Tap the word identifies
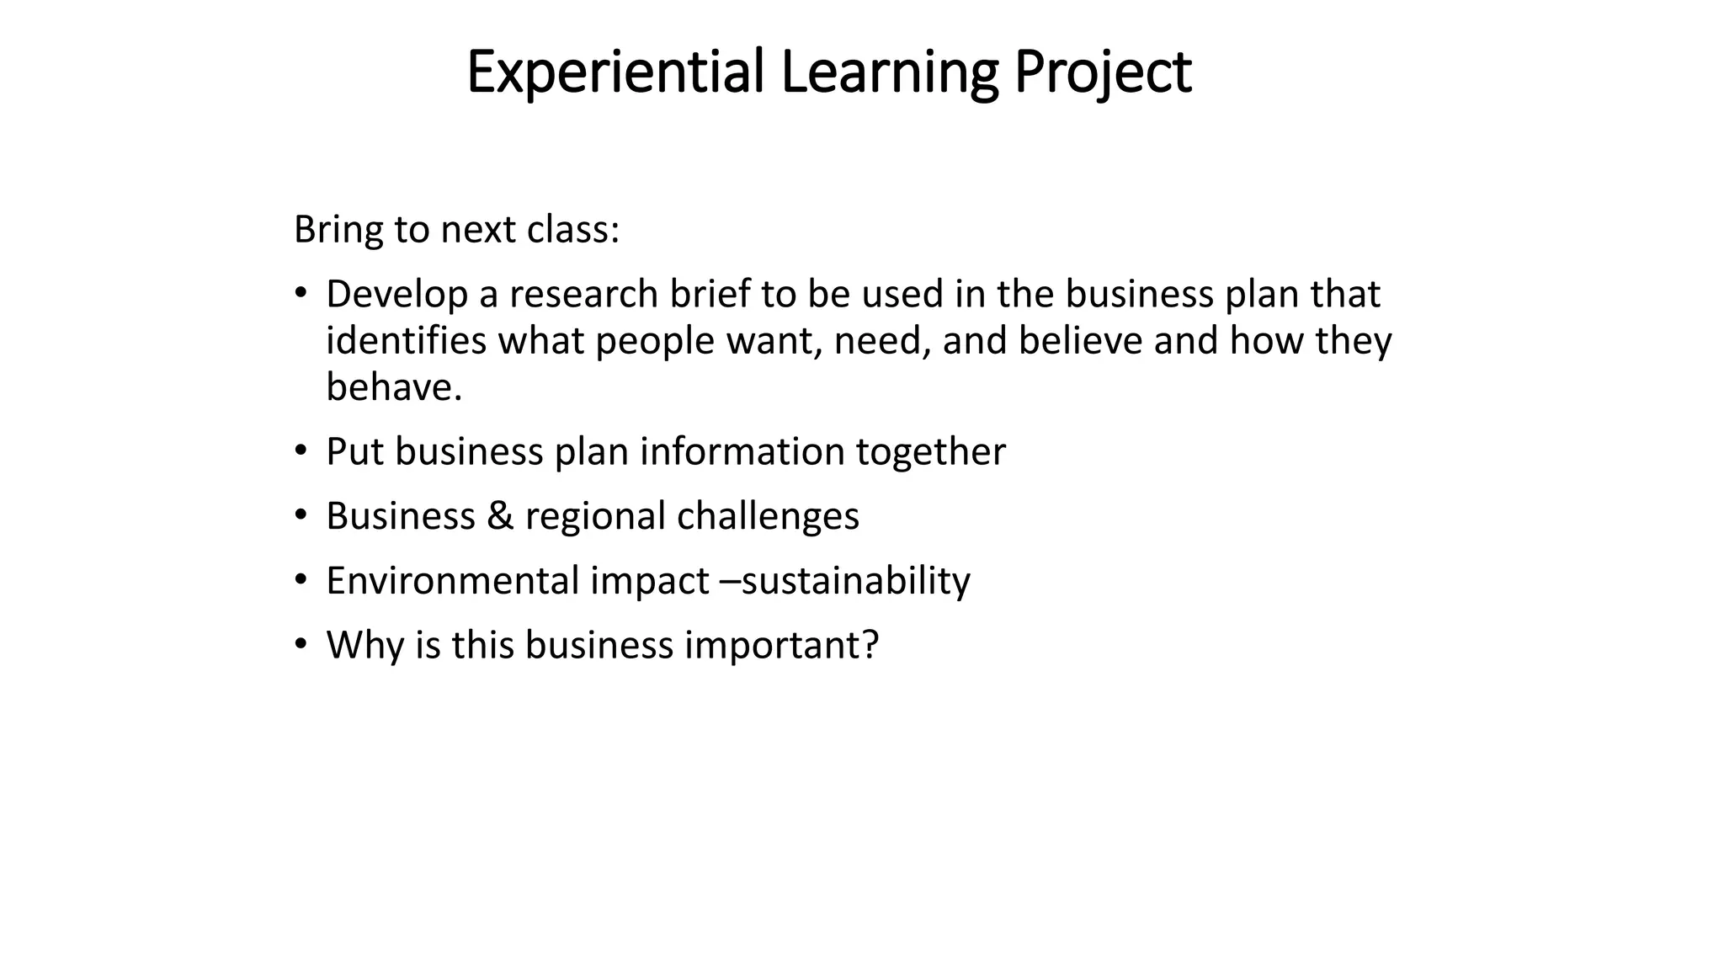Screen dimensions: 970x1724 406,341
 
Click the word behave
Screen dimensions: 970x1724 394,388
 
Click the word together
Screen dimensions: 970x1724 930,453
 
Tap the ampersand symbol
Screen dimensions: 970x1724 500,516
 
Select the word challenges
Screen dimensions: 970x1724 768,517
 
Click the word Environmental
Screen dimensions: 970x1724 453,581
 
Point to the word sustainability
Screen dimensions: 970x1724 855,582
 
